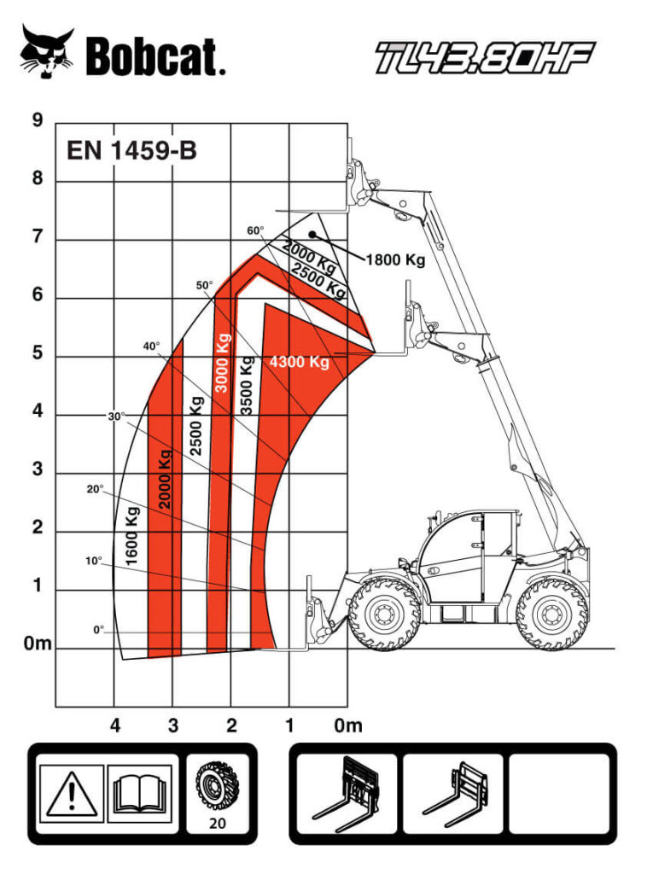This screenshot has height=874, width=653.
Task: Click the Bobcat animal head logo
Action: tap(47, 51)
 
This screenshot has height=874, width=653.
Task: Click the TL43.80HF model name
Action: tap(485, 57)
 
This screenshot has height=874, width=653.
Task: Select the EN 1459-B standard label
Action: tap(131, 150)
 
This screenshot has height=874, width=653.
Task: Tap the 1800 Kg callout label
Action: tap(395, 259)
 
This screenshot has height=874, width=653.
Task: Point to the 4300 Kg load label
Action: tap(300, 362)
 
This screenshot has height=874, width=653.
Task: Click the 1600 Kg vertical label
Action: tap(131, 536)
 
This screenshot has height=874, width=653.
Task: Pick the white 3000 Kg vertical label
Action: tap(222, 363)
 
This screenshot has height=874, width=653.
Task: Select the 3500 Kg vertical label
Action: tap(246, 386)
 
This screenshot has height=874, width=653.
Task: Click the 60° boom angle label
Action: tap(255, 230)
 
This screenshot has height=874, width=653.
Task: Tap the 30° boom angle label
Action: tap(116, 417)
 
